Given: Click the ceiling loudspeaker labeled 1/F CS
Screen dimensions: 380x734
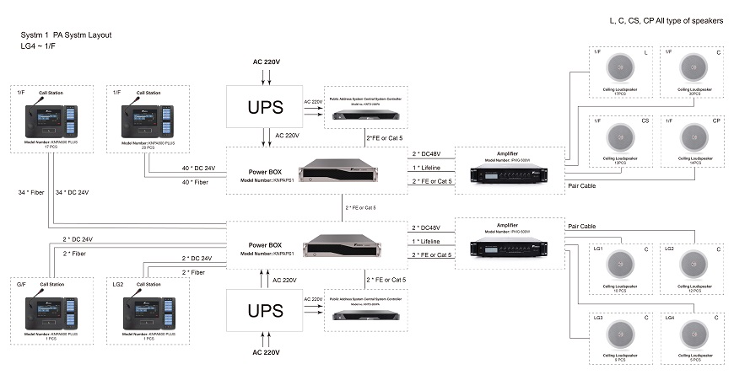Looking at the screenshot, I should (621, 136).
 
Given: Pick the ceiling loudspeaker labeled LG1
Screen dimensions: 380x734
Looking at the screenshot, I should (621, 264).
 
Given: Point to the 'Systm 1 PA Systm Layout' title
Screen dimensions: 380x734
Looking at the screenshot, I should (66, 35).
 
